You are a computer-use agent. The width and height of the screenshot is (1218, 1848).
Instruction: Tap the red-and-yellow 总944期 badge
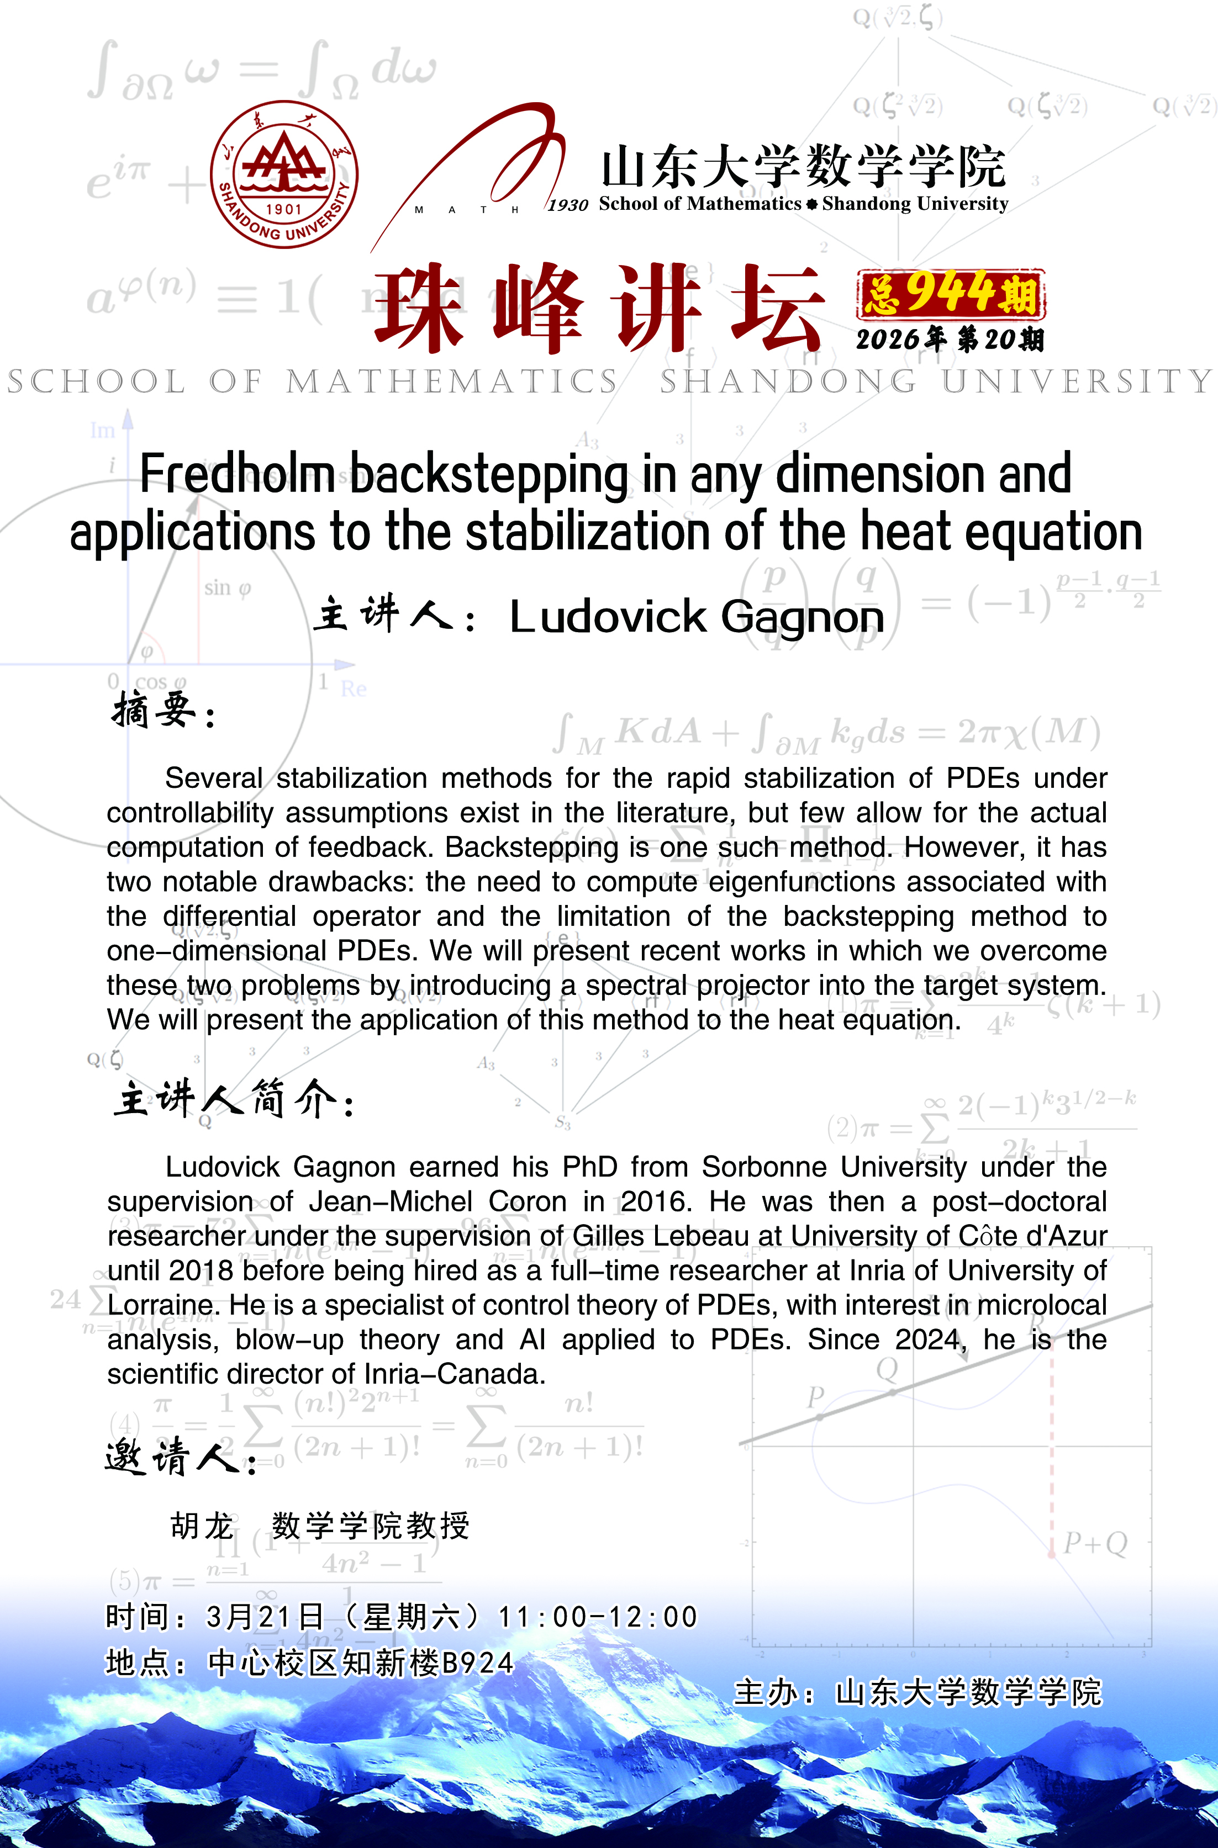click(x=951, y=294)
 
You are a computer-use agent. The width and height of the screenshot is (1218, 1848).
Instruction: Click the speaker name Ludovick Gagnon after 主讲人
click(x=697, y=617)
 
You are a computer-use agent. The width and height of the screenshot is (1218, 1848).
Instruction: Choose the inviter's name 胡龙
click(x=202, y=1526)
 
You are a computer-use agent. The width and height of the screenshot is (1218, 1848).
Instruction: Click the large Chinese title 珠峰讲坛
click(x=598, y=308)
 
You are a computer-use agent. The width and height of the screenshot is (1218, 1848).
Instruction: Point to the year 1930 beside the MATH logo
click(x=568, y=205)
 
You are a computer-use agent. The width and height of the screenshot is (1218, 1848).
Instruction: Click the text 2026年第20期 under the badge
click(x=950, y=340)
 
